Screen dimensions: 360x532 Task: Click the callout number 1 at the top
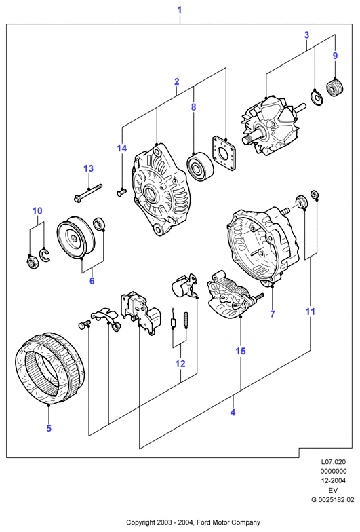(x=180, y=9)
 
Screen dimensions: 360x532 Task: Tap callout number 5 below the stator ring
(x=49, y=428)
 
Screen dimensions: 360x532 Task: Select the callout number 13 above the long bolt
(x=88, y=168)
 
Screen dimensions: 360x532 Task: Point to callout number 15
(x=240, y=351)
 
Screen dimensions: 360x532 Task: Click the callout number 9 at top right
(x=335, y=56)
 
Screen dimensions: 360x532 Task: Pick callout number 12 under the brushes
(x=180, y=364)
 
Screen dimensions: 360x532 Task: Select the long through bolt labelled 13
(x=88, y=193)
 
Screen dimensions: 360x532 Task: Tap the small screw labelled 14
(x=121, y=193)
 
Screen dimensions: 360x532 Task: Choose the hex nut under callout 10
(x=31, y=261)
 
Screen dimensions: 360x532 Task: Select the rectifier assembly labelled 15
(x=232, y=294)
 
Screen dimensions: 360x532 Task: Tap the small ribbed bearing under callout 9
(x=335, y=88)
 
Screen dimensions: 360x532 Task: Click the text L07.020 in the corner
(x=334, y=461)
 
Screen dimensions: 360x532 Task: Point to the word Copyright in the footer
(x=140, y=522)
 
